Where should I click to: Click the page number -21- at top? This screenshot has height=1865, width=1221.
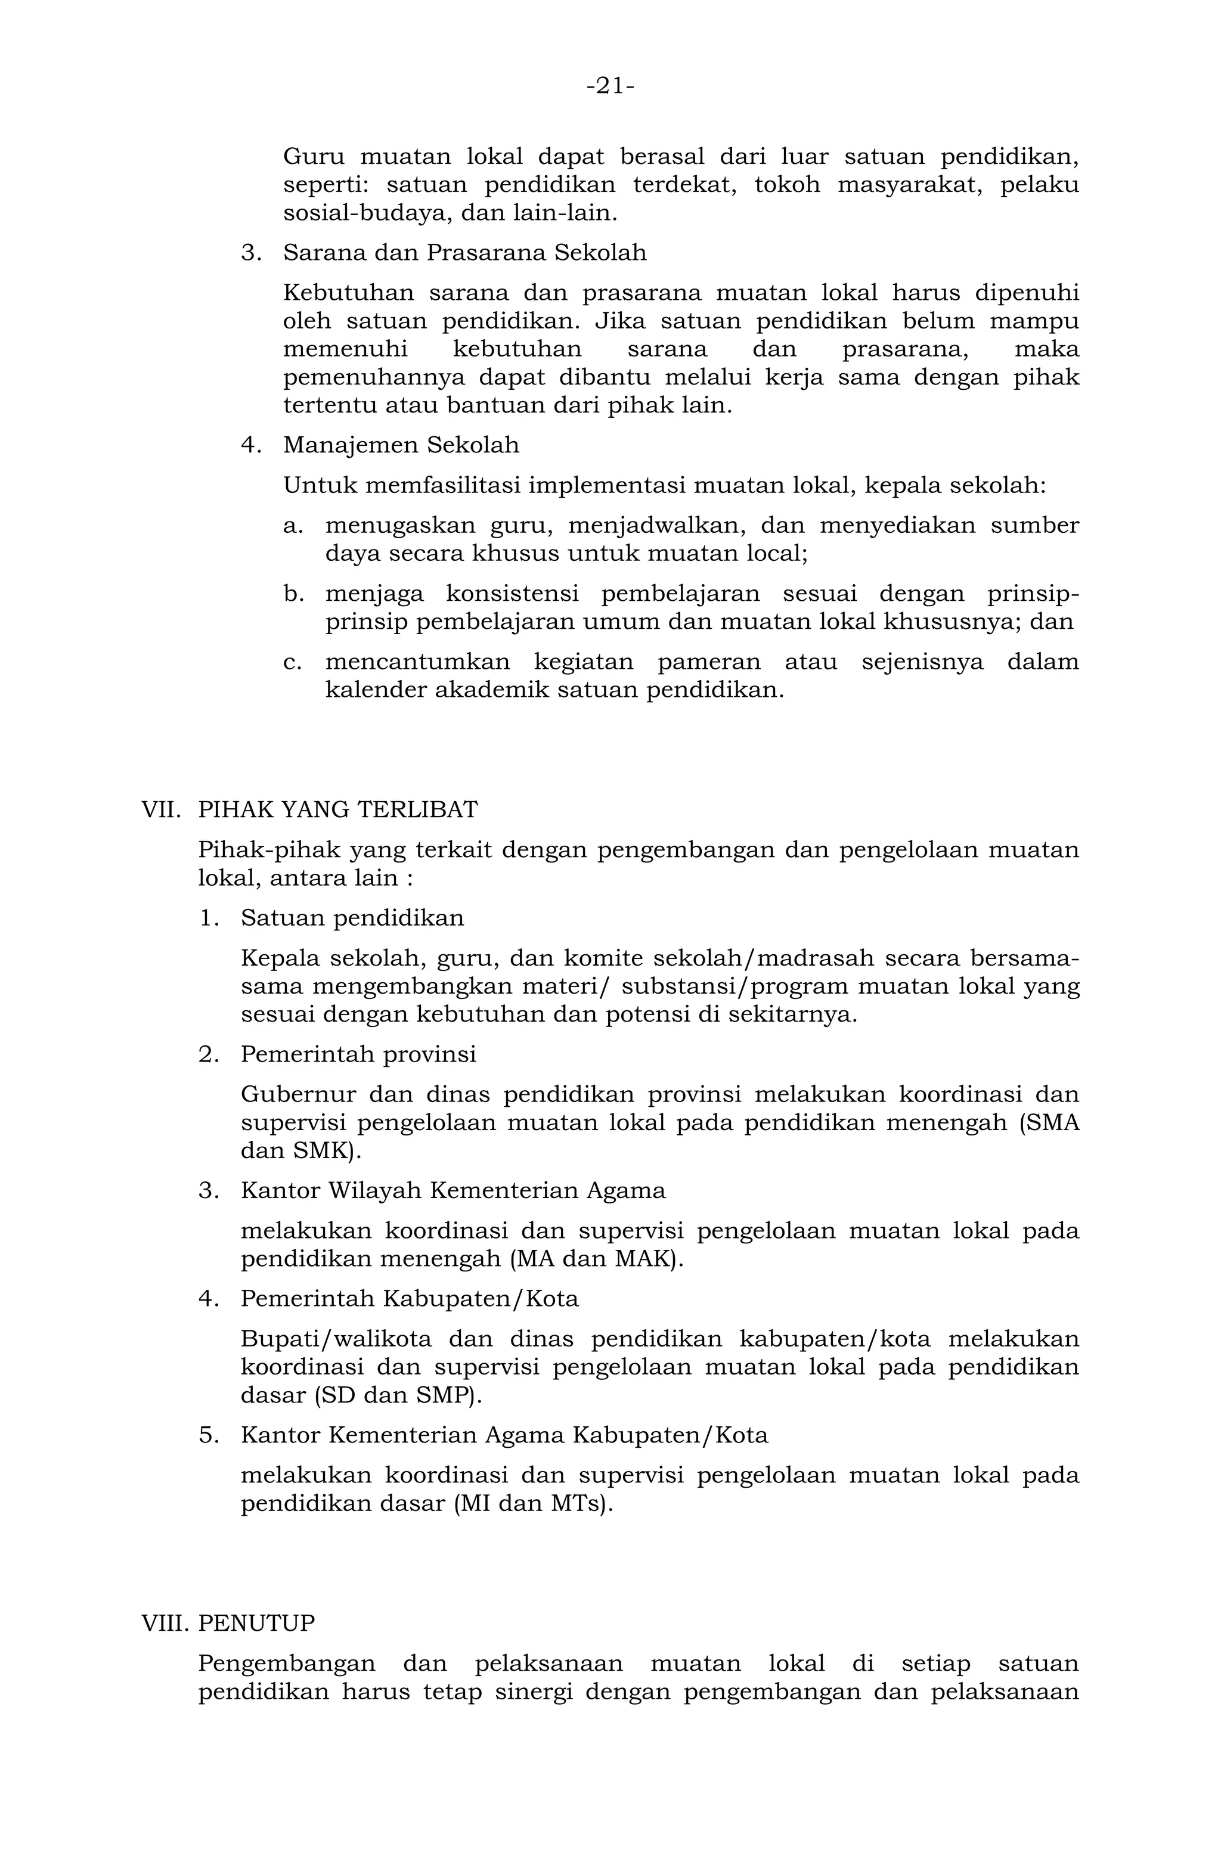610,85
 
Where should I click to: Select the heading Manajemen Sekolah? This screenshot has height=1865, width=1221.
401,445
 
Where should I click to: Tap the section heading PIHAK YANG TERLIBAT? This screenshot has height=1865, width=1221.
338,809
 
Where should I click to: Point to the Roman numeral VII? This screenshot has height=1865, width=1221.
160,809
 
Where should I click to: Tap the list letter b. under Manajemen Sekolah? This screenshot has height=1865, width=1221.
293,594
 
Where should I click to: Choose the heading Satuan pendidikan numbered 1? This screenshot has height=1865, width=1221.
352,918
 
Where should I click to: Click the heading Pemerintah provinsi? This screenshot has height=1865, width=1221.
358,1054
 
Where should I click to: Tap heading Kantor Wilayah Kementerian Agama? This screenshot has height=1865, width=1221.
453,1190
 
